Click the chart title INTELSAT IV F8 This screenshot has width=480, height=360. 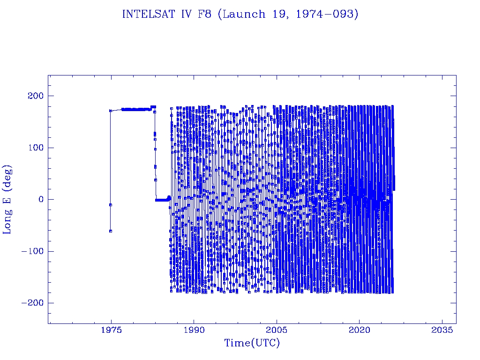[x=169, y=14]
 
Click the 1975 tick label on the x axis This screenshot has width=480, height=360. [x=111, y=330]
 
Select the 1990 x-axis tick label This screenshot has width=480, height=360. [x=194, y=330]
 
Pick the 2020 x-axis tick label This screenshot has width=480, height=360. [x=360, y=330]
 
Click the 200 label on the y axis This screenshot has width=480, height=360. [x=35, y=96]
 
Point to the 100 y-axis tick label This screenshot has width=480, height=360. [x=35, y=148]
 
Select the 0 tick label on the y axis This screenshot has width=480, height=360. [x=40, y=199]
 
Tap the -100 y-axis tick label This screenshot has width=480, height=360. [x=32, y=251]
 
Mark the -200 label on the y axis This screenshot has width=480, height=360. [x=32, y=303]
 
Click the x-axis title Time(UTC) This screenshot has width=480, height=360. [x=252, y=343]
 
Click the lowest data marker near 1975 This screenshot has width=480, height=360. [x=110, y=231]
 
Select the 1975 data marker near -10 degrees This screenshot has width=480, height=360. [x=110, y=205]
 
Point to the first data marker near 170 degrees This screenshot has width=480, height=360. [x=111, y=111]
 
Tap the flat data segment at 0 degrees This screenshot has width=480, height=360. [x=162, y=200]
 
